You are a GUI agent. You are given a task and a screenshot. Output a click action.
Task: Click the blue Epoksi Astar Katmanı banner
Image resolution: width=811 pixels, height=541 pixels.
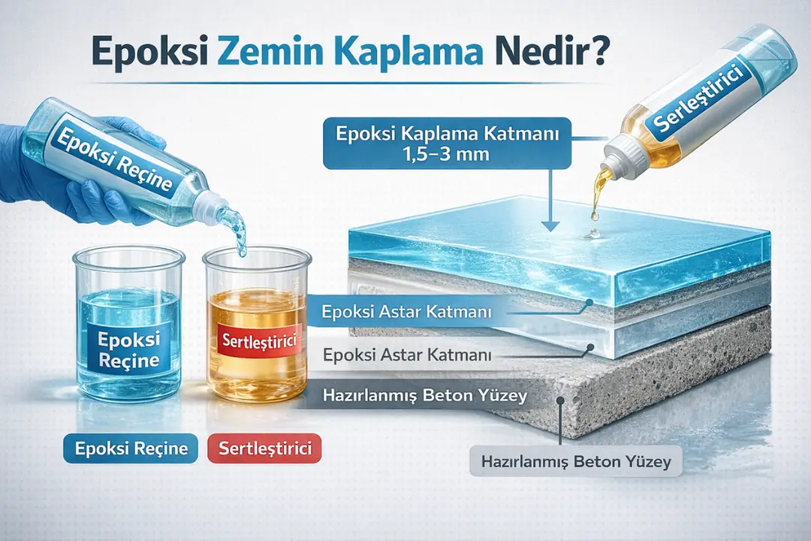pyautogui.click(x=405, y=310)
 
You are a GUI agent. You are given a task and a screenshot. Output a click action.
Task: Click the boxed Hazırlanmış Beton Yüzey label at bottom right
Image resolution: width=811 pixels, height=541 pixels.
pyautogui.click(x=576, y=461)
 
